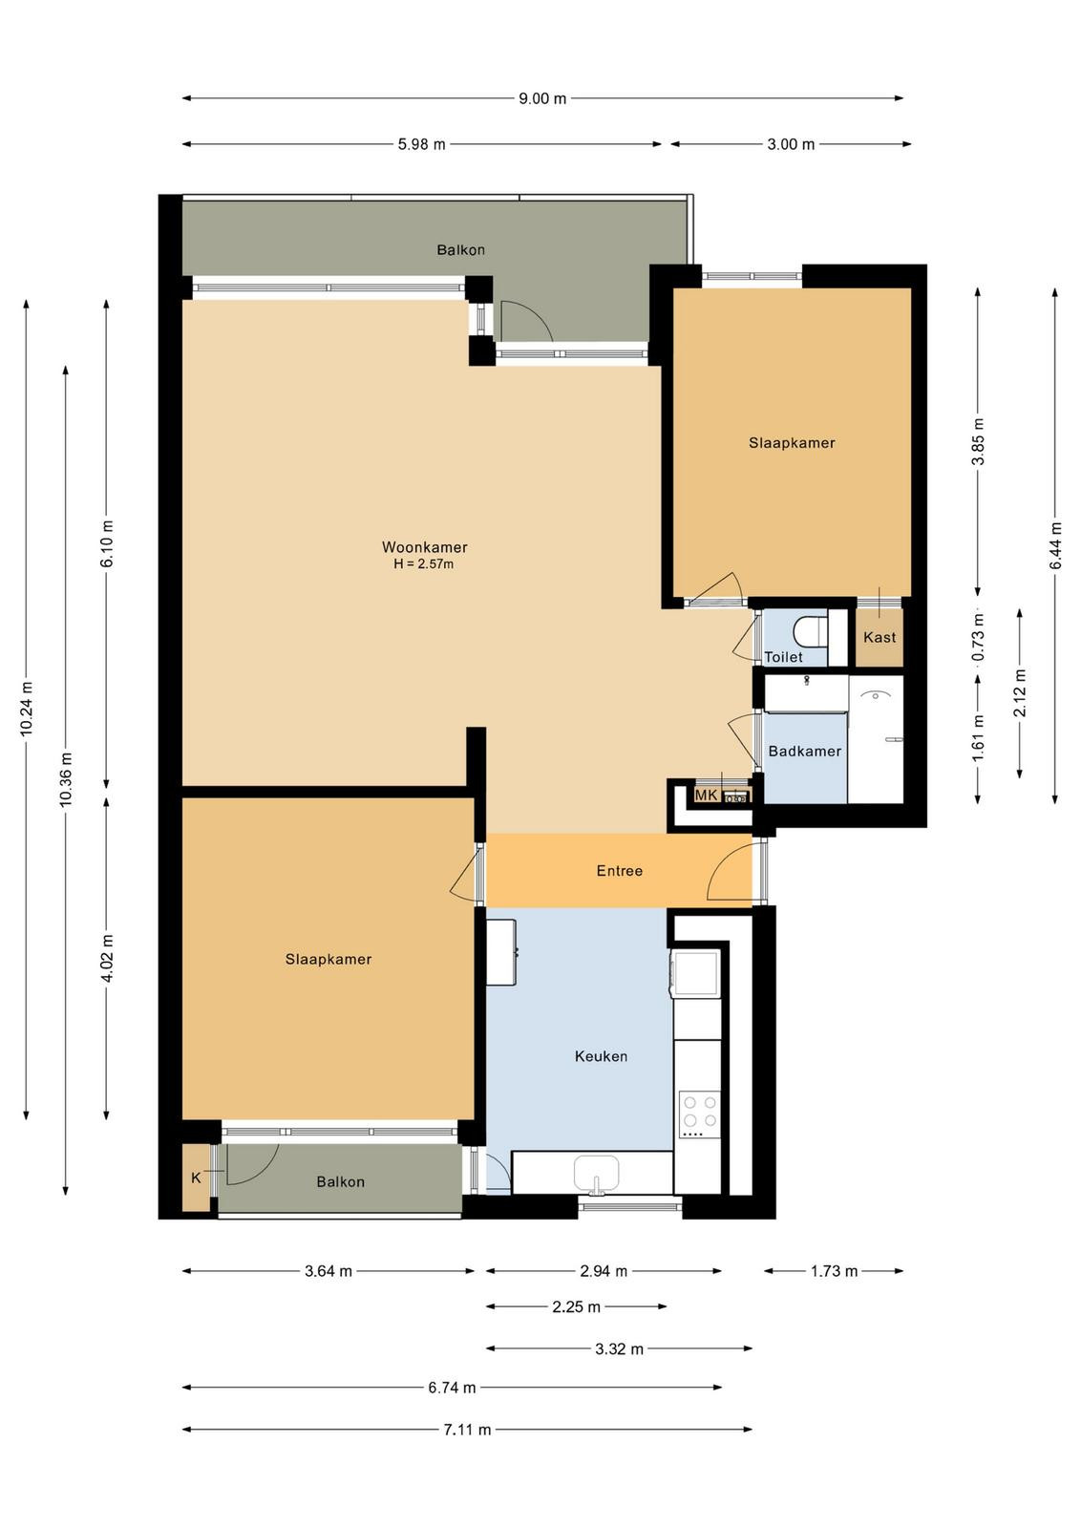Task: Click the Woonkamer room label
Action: click(x=424, y=547)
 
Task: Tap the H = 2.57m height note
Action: click(x=424, y=564)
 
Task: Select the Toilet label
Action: click(x=783, y=657)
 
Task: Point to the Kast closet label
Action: click(x=880, y=637)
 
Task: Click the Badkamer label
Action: click(x=805, y=751)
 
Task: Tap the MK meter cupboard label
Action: click(x=706, y=795)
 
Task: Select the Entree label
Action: click(x=619, y=870)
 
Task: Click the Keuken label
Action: click(x=601, y=1056)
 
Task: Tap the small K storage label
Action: click(x=197, y=1178)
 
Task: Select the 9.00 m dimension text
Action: click(x=542, y=98)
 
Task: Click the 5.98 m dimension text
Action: click(x=421, y=144)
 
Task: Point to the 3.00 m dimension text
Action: click(x=791, y=144)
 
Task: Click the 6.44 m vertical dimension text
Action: click(x=1055, y=545)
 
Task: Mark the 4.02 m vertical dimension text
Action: click(x=106, y=957)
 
